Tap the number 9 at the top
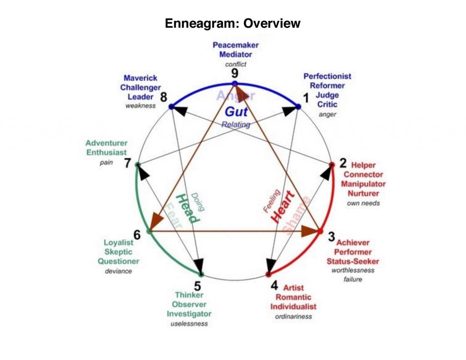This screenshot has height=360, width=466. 234,73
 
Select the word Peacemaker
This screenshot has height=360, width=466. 236,45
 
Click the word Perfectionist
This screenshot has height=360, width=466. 327,76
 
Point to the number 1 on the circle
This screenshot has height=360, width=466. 306,97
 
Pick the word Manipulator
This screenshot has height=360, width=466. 363,184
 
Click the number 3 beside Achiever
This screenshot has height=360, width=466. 331,237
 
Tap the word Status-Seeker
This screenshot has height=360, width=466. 353,261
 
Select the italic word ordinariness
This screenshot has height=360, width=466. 294,316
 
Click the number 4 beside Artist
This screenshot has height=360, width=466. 274,286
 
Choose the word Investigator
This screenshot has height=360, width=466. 189,314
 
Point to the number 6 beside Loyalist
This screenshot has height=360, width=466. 137,234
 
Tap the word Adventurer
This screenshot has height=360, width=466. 106,143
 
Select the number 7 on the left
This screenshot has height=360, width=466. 128,163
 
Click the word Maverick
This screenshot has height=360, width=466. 140,78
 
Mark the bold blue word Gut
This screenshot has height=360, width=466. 236,112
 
